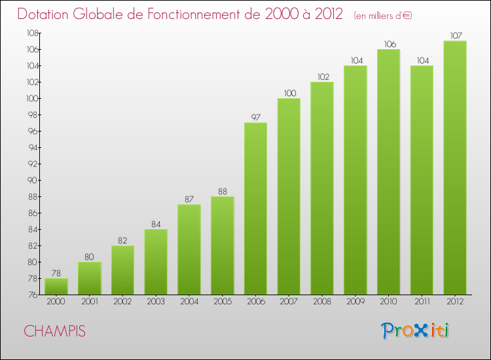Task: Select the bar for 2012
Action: click(x=455, y=168)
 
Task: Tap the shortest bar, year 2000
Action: click(x=56, y=286)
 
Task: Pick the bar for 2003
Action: click(x=156, y=262)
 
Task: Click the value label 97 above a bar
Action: click(x=255, y=118)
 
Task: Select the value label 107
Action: click(x=455, y=36)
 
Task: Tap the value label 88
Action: click(x=222, y=192)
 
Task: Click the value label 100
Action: click(x=289, y=94)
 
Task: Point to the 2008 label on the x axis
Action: click(x=322, y=302)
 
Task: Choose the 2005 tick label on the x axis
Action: click(x=222, y=302)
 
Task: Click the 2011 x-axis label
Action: click(x=422, y=302)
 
